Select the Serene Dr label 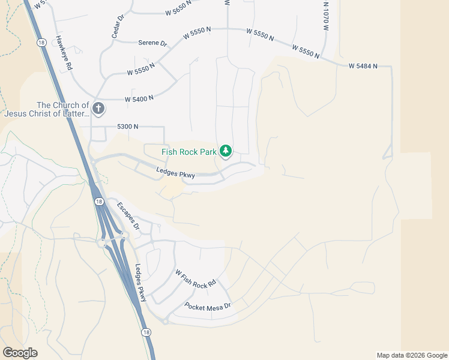pyautogui.click(x=152, y=43)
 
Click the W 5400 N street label pyautogui.click(x=139, y=98)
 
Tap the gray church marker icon pyautogui.click(x=98, y=109)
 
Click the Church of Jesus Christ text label pyautogui.click(x=46, y=109)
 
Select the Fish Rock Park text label pyautogui.click(x=188, y=151)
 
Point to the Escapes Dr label pyautogui.click(x=128, y=216)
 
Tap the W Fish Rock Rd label pyautogui.click(x=196, y=279)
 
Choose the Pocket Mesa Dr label pyautogui.click(x=208, y=306)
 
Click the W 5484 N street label pyautogui.click(x=363, y=65)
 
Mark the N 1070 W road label pyautogui.click(x=326, y=17)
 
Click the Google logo pyautogui.click(x=20, y=353)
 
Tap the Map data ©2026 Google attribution pyautogui.click(x=411, y=355)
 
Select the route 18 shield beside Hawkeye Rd pyautogui.click(x=40, y=43)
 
